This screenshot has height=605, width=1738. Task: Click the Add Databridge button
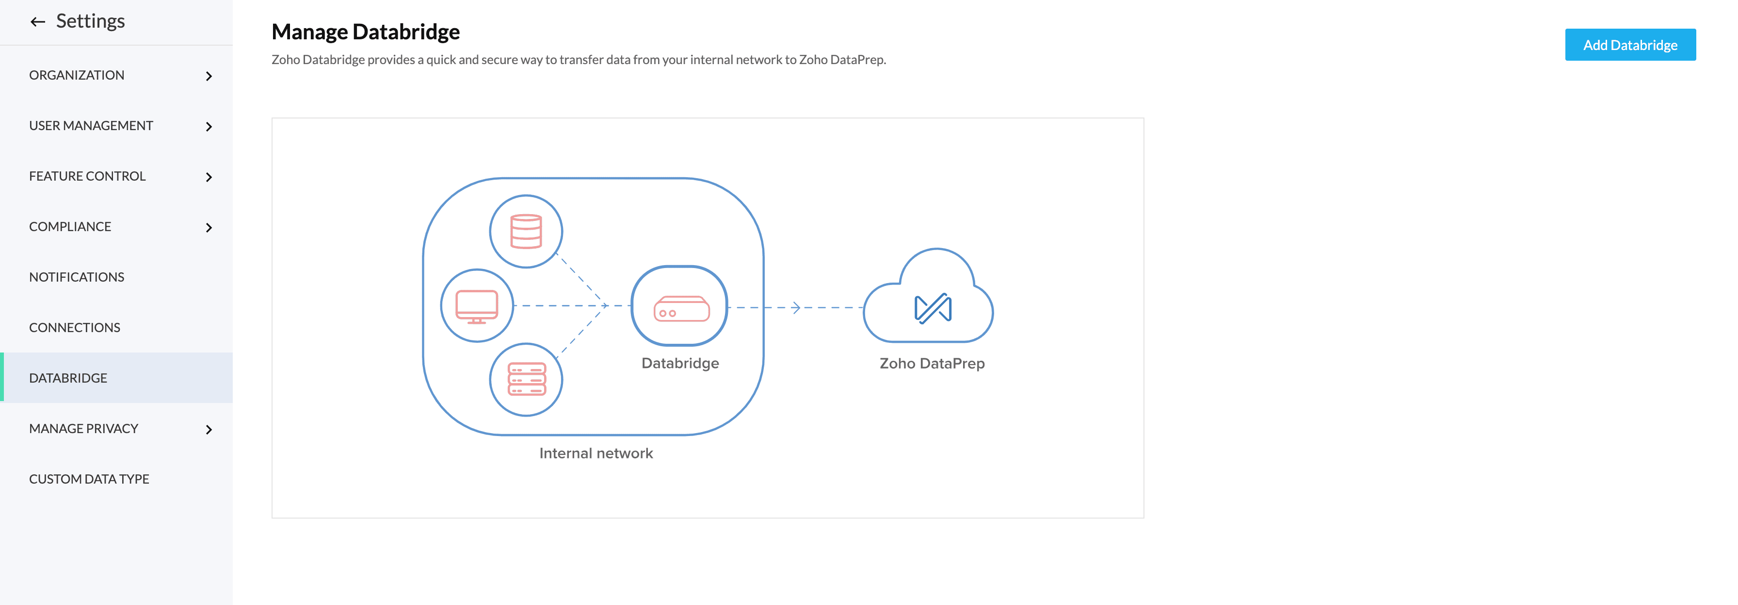1629,45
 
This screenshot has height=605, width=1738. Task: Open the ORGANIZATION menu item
77,75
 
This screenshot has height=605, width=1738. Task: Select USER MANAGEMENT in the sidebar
91,126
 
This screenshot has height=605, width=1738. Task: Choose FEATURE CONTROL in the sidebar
87,176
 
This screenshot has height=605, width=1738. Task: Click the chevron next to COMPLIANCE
209,228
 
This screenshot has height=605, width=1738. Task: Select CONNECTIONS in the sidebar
74,327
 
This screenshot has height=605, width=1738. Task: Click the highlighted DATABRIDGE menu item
68,378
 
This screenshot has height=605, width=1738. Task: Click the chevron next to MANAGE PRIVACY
209,429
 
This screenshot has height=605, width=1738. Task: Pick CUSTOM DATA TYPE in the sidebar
89,479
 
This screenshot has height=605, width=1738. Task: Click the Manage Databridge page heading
365,32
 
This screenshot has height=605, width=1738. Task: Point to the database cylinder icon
526,232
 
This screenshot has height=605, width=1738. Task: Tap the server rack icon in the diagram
526,380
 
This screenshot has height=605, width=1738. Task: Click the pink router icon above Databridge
681,309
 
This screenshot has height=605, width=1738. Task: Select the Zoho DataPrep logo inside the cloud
933,309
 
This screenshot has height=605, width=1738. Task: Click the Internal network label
596,453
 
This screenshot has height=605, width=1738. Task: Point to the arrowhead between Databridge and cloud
796,308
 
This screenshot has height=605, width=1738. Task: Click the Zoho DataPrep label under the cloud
932,363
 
